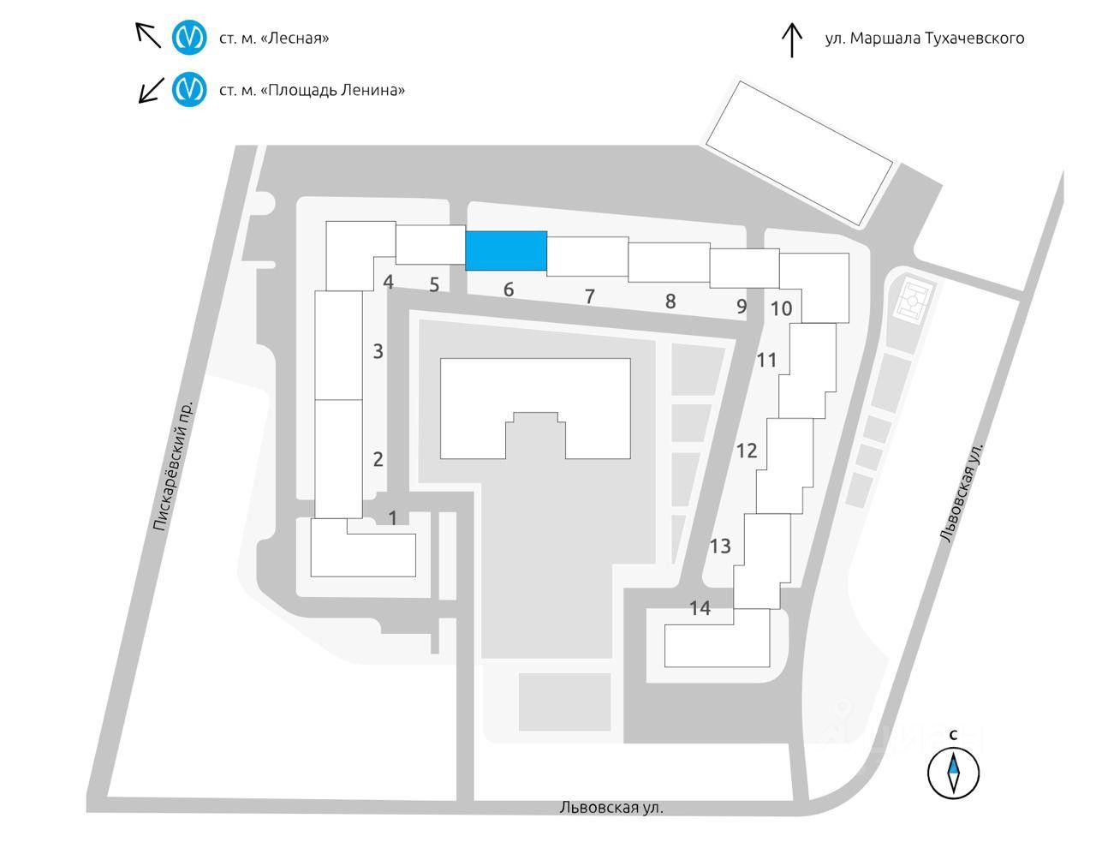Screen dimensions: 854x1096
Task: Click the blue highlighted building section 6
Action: (x=506, y=250)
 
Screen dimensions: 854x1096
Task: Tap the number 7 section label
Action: (x=590, y=296)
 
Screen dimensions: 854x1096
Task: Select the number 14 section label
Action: (x=700, y=608)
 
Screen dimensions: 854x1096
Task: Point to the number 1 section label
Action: (x=393, y=517)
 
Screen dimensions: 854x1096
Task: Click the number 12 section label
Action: (x=747, y=450)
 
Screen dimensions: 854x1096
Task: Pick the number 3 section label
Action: (x=378, y=350)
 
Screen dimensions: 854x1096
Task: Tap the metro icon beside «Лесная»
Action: (x=189, y=38)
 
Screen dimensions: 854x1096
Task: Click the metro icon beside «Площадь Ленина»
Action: (x=189, y=89)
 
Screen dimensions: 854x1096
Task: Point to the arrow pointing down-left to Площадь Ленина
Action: (x=152, y=89)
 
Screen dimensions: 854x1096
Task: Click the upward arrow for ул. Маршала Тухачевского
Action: (x=792, y=39)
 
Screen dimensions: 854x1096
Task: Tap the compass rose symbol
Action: (x=953, y=772)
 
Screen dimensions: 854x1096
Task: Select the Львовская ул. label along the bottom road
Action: (x=611, y=808)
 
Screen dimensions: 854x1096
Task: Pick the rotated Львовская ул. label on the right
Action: (x=962, y=492)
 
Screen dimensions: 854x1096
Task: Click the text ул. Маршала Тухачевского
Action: (x=924, y=39)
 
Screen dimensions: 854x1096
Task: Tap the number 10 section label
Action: (x=781, y=308)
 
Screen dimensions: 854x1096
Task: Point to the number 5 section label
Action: (x=434, y=284)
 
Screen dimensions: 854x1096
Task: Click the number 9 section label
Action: (x=742, y=306)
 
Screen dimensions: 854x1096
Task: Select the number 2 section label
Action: (x=378, y=458)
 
